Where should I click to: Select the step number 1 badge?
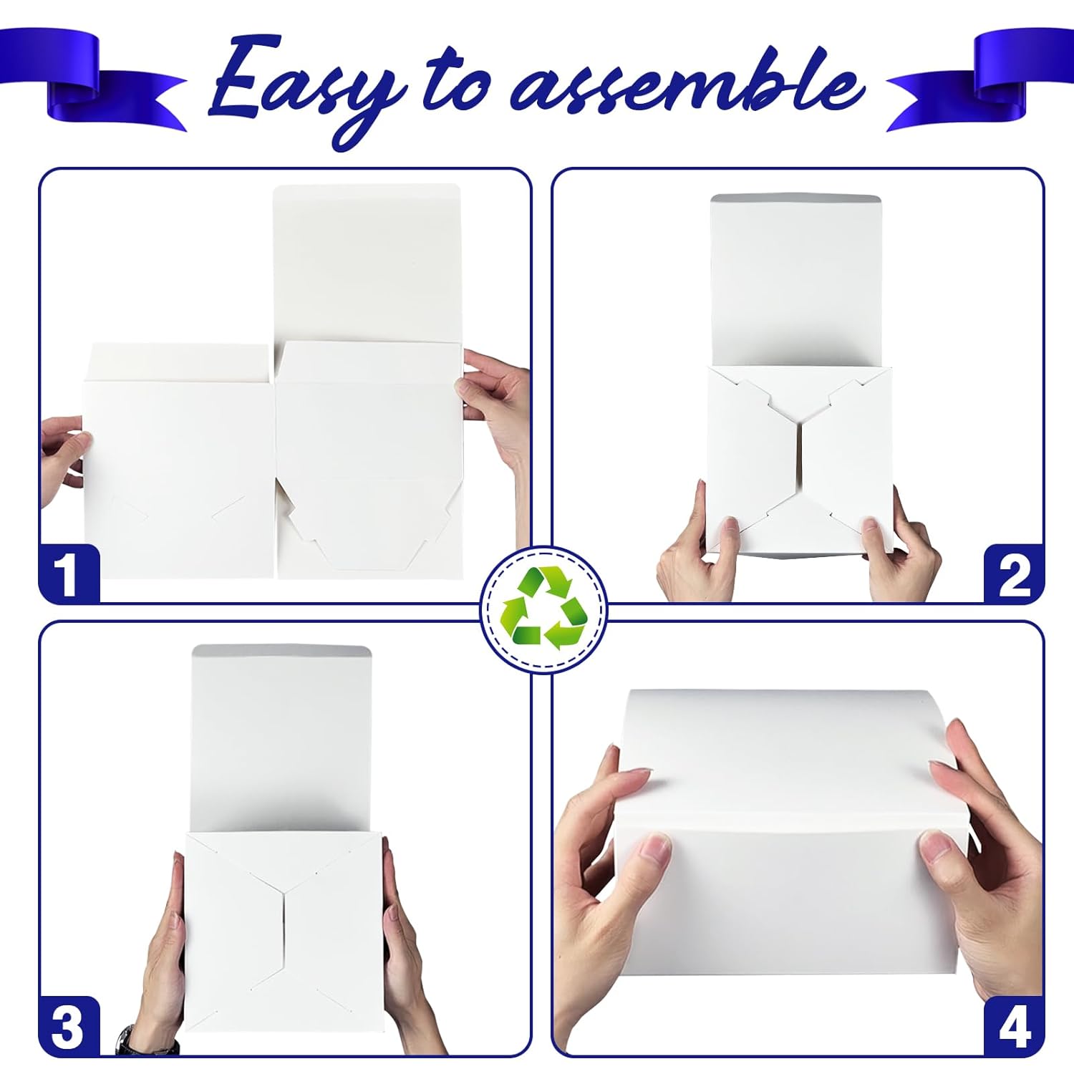(69, 573)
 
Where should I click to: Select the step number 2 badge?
(1014, 574)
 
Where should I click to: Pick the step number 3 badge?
(69, 1026)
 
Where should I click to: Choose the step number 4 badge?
(1013, 1026)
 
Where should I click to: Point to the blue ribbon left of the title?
(93, 79)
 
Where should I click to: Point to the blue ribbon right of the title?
(981, 79)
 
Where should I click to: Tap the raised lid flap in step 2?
(796, 281)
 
